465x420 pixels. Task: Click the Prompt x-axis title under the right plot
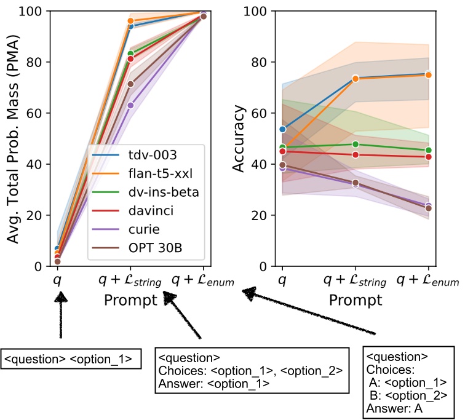(x=354, y=301)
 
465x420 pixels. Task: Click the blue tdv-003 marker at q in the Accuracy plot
(x=282, y=129)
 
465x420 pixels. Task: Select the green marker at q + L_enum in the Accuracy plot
(x=429, y=150)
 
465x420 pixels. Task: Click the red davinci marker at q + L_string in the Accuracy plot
(x=355, y=154)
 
